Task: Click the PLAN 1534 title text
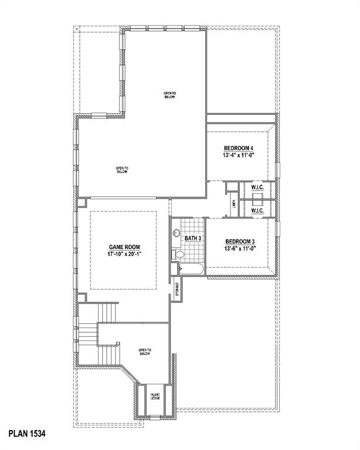[26, 434]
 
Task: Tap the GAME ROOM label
[124, 247]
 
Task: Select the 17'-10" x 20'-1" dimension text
[124, 255]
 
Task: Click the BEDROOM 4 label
[239, 148]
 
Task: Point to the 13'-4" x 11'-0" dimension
[239, 156]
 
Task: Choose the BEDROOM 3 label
[240, 241]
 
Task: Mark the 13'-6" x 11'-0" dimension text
[240, 249]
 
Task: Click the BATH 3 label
[193, 238]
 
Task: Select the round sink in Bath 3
[176, 233]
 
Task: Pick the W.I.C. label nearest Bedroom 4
[258, 187]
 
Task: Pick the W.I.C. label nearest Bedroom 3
[258, 210]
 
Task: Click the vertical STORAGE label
[177, 291]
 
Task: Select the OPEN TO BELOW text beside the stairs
[145, 352]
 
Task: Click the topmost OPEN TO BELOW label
[169, 95]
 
